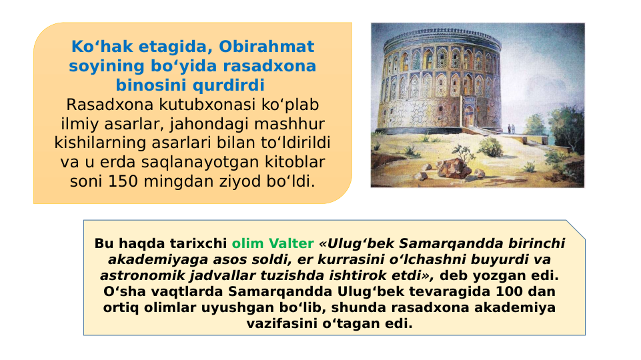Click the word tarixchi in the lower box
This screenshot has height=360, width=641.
click(201, 244)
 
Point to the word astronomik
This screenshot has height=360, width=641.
click(136, 276)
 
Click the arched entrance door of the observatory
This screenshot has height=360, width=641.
click(470, 114)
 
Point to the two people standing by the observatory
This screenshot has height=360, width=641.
click(510, 128)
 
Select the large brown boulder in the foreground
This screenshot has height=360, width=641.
click(456, 167)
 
